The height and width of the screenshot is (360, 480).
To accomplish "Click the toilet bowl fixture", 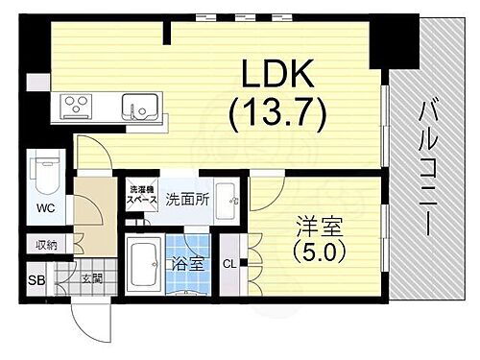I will point(45,179).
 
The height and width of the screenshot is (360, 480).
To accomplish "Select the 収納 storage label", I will point(45,245).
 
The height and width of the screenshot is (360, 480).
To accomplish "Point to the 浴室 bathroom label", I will point(185,264).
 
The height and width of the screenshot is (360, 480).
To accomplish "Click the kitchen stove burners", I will point(77,104).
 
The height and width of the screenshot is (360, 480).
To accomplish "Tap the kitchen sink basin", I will point(136,104).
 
